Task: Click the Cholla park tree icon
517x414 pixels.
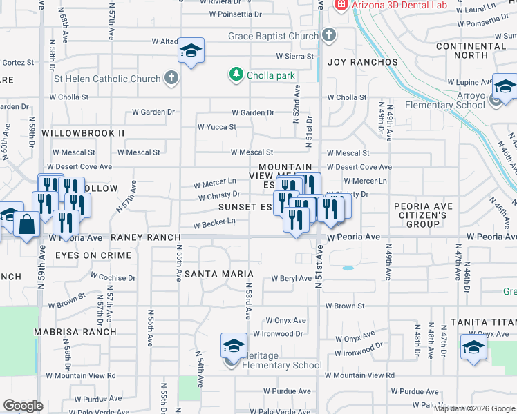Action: [x=236, y=74]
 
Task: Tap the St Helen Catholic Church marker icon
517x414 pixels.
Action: [x=170, y=79]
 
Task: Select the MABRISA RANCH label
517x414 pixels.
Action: [x=76, y=331]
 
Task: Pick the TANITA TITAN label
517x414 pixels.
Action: [x=484, y=322]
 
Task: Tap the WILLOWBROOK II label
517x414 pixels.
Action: [x=83, y=132]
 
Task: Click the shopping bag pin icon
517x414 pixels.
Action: [x=27, y=225]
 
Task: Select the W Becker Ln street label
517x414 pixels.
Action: [x=214, y=223]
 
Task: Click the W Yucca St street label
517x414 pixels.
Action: [x=217, y=127]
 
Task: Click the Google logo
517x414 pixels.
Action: [x=23, y=406]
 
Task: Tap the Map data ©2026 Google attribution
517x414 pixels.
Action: [x=473, y=408]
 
